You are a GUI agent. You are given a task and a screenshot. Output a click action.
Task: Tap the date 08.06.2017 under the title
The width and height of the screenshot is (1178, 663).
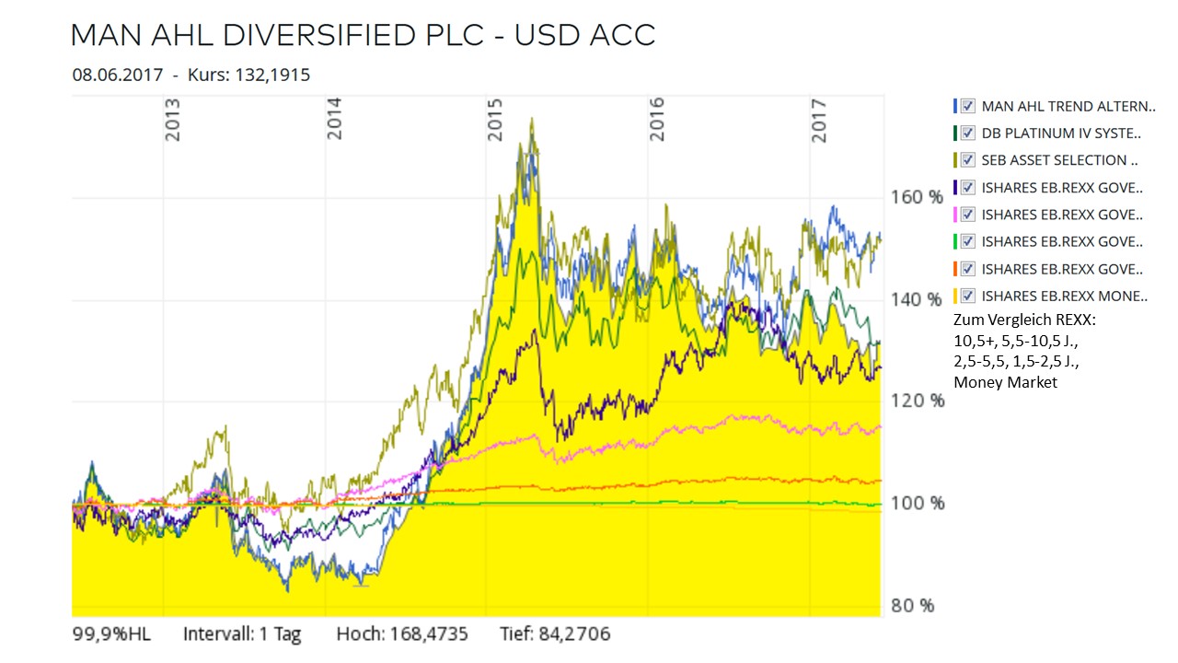click(118, 76)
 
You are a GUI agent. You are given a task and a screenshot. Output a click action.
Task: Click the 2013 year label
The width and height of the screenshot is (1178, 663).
click(173, 120)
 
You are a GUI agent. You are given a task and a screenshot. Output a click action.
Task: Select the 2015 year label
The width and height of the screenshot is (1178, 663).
click(496, 120)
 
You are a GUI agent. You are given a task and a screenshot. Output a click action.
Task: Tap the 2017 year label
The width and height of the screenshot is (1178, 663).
click(819, 120)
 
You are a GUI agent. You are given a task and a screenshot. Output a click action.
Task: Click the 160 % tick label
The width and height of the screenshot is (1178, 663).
click(916, 198)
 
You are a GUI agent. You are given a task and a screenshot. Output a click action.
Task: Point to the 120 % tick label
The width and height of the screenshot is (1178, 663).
click(916, 401)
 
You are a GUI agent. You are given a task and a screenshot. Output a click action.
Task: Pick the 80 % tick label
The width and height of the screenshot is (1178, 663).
click(911, 606)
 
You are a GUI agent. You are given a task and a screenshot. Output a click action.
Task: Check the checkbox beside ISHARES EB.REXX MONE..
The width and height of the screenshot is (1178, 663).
click(967, 297)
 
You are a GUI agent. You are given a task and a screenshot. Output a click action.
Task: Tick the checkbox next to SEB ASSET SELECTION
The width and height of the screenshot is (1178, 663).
click(967, 160)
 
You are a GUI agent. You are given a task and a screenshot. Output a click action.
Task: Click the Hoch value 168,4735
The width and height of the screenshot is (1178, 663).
click(434, 634)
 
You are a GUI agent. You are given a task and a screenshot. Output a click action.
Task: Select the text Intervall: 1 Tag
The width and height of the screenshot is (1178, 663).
click(242, 634)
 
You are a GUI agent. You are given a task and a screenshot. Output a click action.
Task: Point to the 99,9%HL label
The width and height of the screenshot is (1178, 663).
click(110, 634)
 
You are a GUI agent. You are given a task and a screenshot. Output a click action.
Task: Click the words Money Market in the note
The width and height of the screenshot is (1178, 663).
click(1006, 382)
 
